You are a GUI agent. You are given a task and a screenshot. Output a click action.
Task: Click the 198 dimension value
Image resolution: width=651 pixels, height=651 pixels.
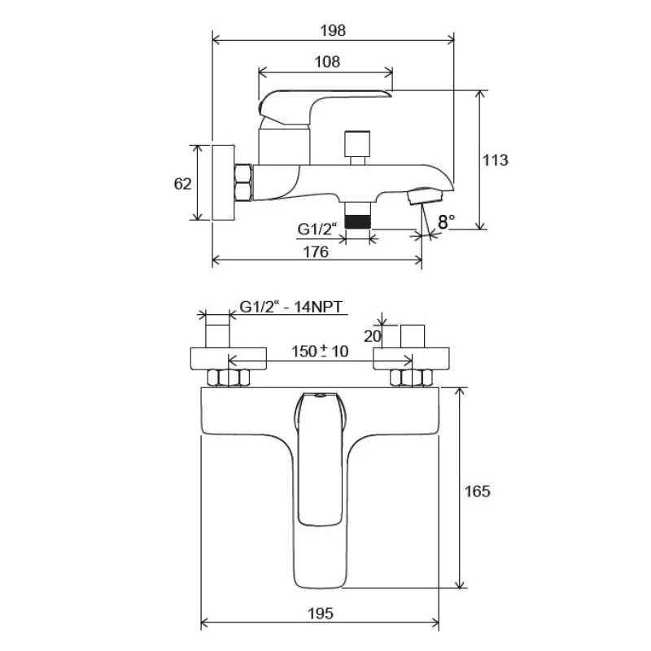point(333,30)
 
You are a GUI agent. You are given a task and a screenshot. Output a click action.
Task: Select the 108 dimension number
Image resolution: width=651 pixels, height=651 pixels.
point(327,62)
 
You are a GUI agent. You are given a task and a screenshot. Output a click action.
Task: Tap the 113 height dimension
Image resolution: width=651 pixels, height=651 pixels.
point(495,159)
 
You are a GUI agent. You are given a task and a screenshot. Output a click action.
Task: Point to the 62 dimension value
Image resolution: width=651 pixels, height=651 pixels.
point(182,184)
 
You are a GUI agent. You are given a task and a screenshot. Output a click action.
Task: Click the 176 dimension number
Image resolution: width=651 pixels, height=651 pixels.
point(316,251)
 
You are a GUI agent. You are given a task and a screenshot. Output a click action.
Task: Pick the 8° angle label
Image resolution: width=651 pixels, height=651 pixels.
point(446,221)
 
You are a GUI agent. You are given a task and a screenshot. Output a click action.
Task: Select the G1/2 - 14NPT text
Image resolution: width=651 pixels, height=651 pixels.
point(291,307)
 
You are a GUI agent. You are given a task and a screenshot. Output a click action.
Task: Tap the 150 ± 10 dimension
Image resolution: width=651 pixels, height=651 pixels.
point(320,352)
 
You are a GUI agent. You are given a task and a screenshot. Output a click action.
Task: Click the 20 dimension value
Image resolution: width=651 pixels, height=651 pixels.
point(372,336)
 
